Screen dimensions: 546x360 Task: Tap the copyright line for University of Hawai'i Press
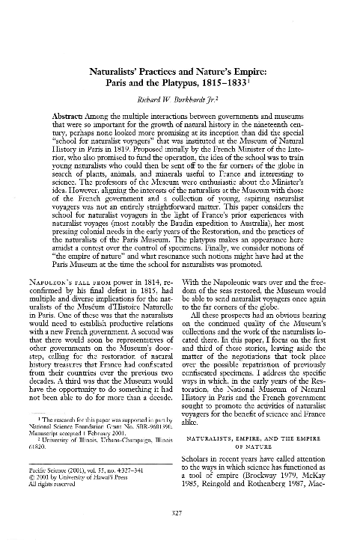click(x=87, y=477)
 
